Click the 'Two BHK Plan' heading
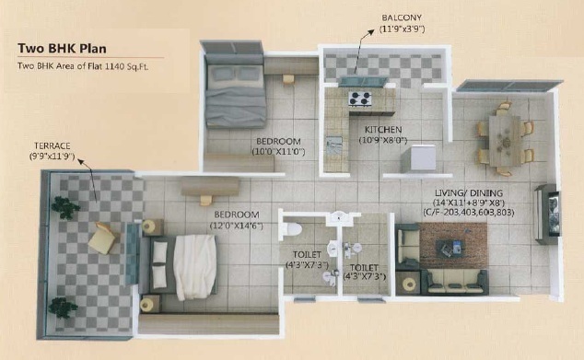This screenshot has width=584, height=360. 63,49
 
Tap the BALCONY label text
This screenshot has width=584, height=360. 402,17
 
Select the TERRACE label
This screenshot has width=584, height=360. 53,146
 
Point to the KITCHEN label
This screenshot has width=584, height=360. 383,130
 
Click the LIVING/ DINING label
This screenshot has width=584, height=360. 469,192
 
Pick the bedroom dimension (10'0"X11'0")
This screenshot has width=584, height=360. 278,152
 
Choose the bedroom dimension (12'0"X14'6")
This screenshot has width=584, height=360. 237,226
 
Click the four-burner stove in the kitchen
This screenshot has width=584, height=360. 360,99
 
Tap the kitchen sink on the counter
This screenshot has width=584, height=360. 334,145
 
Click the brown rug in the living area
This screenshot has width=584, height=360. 453,245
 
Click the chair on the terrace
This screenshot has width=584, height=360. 101,238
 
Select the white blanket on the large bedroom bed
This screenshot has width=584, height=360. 194,267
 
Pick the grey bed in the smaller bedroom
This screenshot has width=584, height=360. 235,91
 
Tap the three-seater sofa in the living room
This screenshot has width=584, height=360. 454,282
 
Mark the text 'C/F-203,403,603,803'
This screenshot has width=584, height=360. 469,213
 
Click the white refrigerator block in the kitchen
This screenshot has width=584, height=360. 418,158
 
